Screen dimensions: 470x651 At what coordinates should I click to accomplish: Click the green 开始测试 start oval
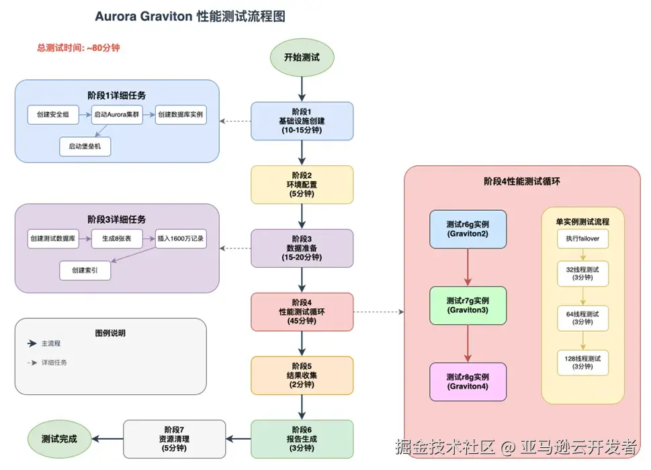pos(302,58)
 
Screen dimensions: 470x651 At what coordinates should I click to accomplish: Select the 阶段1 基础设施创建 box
pos(302,121)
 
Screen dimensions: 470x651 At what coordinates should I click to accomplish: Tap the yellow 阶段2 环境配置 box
pos(302,185)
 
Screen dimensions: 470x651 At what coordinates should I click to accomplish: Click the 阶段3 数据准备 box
pos(302,248)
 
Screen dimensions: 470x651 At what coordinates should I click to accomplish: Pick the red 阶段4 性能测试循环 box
pos(302,312)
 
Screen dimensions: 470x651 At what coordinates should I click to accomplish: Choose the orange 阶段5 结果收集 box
pos(302,375)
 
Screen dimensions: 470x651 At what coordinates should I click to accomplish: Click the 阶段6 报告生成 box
pos(302,439)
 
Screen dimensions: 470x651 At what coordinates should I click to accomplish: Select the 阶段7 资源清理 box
pos(174,439)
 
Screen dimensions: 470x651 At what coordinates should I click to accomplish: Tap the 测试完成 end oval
pos(59,439)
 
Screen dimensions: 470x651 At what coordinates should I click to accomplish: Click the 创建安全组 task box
pos(53,115)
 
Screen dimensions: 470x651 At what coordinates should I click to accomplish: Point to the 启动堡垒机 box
pos(85,146)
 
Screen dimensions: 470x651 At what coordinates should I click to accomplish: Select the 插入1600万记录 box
pos(180,239)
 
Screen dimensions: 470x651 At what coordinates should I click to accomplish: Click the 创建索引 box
pos(85,271)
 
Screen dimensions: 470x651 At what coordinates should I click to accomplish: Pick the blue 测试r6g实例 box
pos(468,229)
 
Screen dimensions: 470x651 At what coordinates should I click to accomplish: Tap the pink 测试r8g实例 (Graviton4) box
pos(468,381)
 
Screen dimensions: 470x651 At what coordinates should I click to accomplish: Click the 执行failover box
pos(582,239)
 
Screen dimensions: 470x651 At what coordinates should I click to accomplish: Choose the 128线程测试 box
pos(582,363)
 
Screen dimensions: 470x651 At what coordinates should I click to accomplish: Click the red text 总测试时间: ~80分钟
pos(79,48)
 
